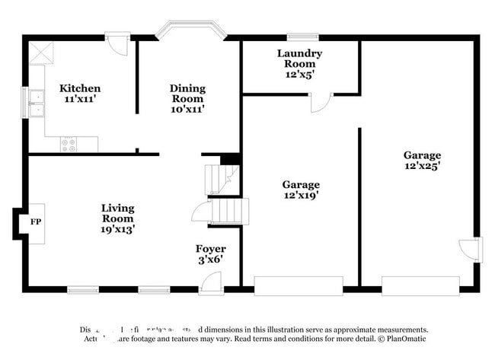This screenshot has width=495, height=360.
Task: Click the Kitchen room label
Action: click(x=80, y=88)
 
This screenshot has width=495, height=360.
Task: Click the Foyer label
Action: click(x=210, y=249)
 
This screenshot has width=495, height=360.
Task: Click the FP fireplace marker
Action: click(x=35, y=222)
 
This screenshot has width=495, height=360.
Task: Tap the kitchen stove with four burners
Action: click(x=69, y=143)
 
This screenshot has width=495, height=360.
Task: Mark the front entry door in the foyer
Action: click(x=211, y=282)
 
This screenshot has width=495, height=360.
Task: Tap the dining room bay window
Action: click(x=191, y=31)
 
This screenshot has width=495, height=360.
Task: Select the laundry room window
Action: click(x=302, y=36)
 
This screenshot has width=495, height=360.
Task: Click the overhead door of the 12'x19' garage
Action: click(x=299, y=285)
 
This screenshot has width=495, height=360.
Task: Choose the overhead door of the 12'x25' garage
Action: click(x=420, y=285)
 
